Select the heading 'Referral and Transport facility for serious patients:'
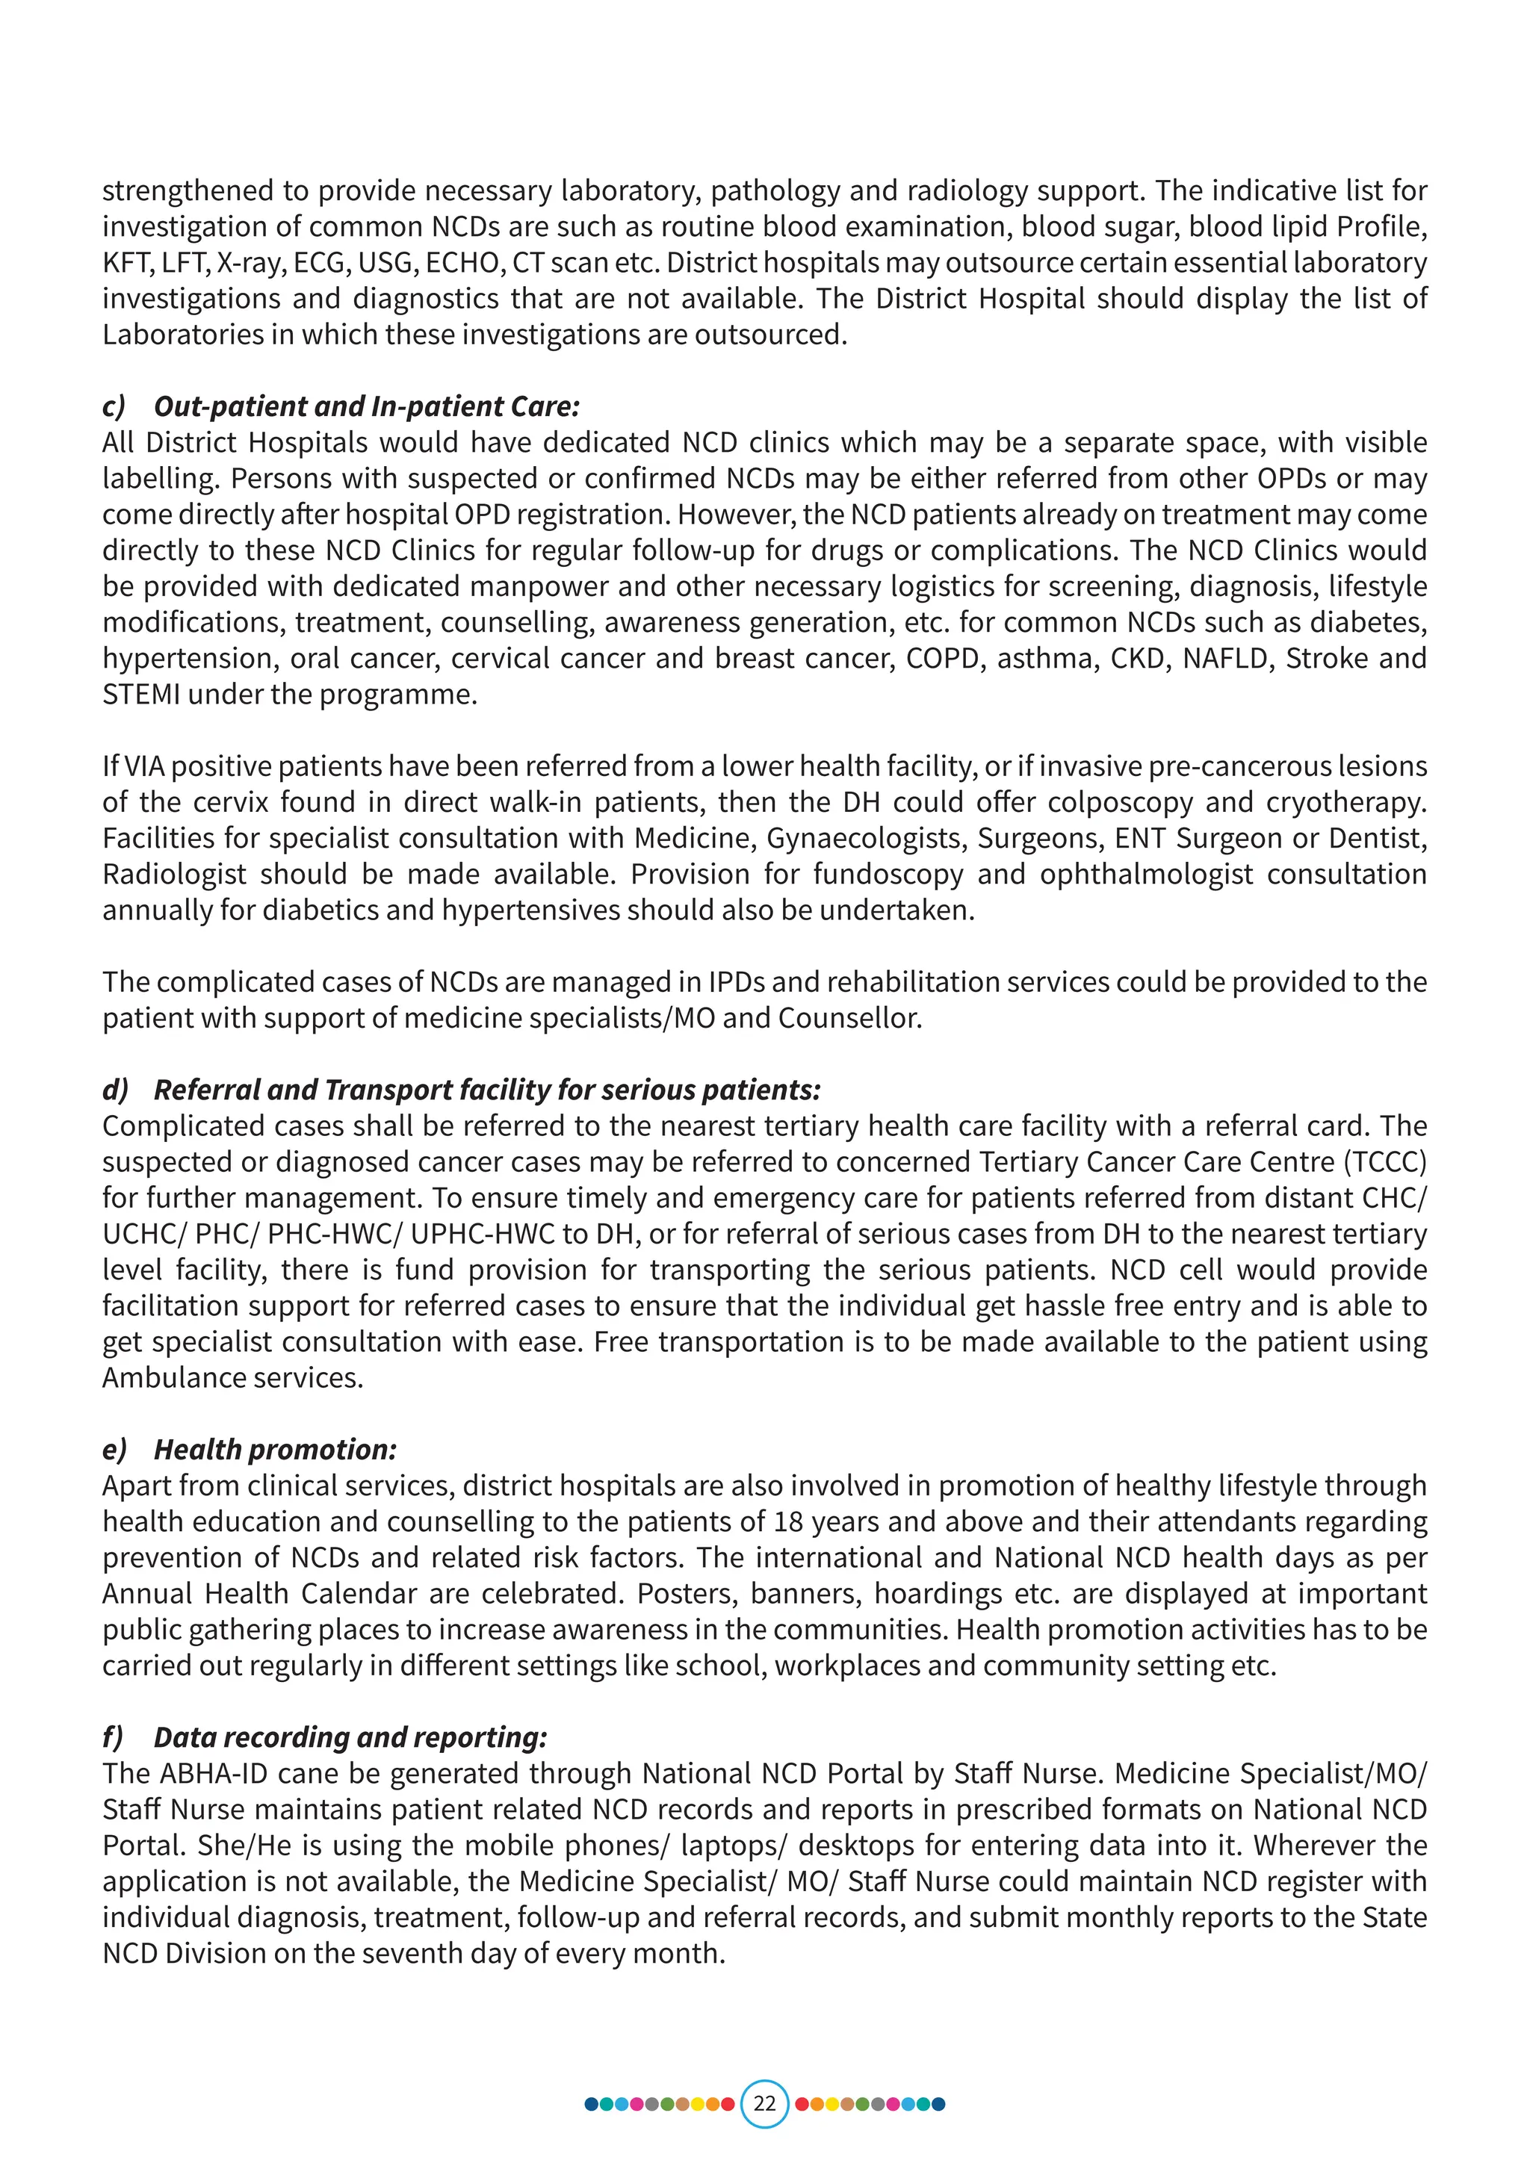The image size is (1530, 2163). pyautogui.click(x=487, y=1089)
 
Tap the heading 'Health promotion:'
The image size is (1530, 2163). pyautogui.click(x=275, y=1449)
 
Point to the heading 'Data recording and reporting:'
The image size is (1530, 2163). pyautogui.click(x=350, y=1737)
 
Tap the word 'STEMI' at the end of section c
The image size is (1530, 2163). pyautogui.click(x=142, y=695)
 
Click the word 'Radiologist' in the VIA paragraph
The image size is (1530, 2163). pyautogui.click(x=174, y=875)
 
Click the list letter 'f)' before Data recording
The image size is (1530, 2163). pyautogui.click(x=113, y=1737)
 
